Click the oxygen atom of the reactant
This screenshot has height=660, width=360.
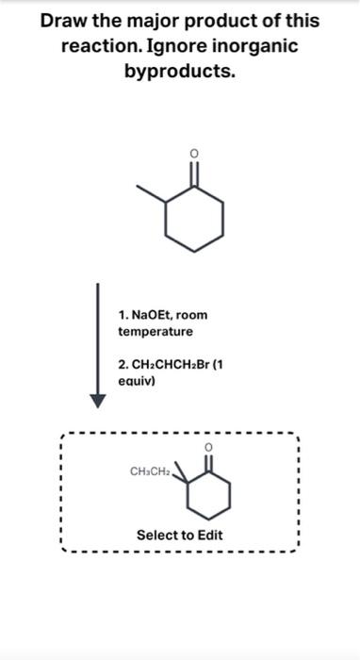click(194, 153)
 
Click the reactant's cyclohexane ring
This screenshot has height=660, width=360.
click(194, 219)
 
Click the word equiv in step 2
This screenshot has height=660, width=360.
click(138, 381)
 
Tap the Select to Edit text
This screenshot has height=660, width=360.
click(180, 536)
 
